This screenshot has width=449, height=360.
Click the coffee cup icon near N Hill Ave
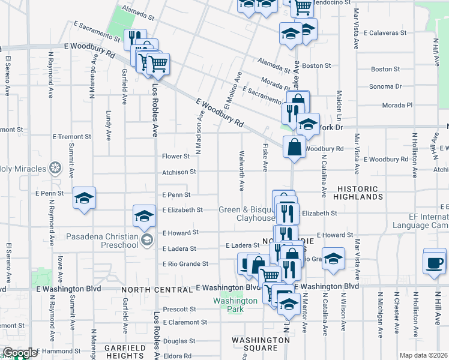435,262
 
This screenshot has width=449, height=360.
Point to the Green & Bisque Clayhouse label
247,214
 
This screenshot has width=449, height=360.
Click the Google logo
19,353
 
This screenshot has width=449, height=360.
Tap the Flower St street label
176,157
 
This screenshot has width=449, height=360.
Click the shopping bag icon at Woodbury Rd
294,148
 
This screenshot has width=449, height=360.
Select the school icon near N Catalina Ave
333,258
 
